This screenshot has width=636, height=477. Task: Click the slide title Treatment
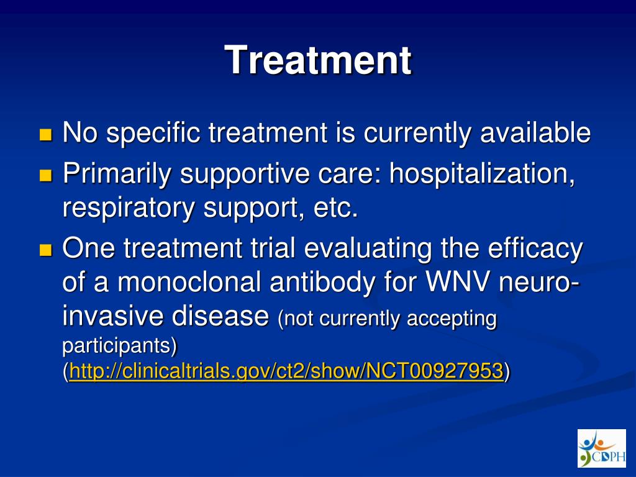coord(318,60)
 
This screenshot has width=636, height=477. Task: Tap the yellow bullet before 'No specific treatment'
coord(46,135)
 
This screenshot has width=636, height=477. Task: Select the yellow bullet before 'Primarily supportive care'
coord(46,175)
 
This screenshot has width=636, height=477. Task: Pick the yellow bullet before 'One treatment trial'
coord(46,250)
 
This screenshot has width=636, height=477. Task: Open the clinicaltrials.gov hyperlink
coord(286,371)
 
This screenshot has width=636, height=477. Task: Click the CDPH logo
coord(601,448)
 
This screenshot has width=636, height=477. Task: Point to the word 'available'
coord(535,132)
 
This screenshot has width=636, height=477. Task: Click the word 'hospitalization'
coord(482,174)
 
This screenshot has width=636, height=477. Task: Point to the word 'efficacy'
coord(535,248)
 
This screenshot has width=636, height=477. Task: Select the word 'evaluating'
coord(368,248)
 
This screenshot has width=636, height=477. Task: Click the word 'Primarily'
coord(116,174)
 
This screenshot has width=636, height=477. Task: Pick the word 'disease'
coord(220,316)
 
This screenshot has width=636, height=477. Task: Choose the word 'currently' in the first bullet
coord(417,134)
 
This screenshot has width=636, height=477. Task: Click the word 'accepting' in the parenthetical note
coord(452,319)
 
